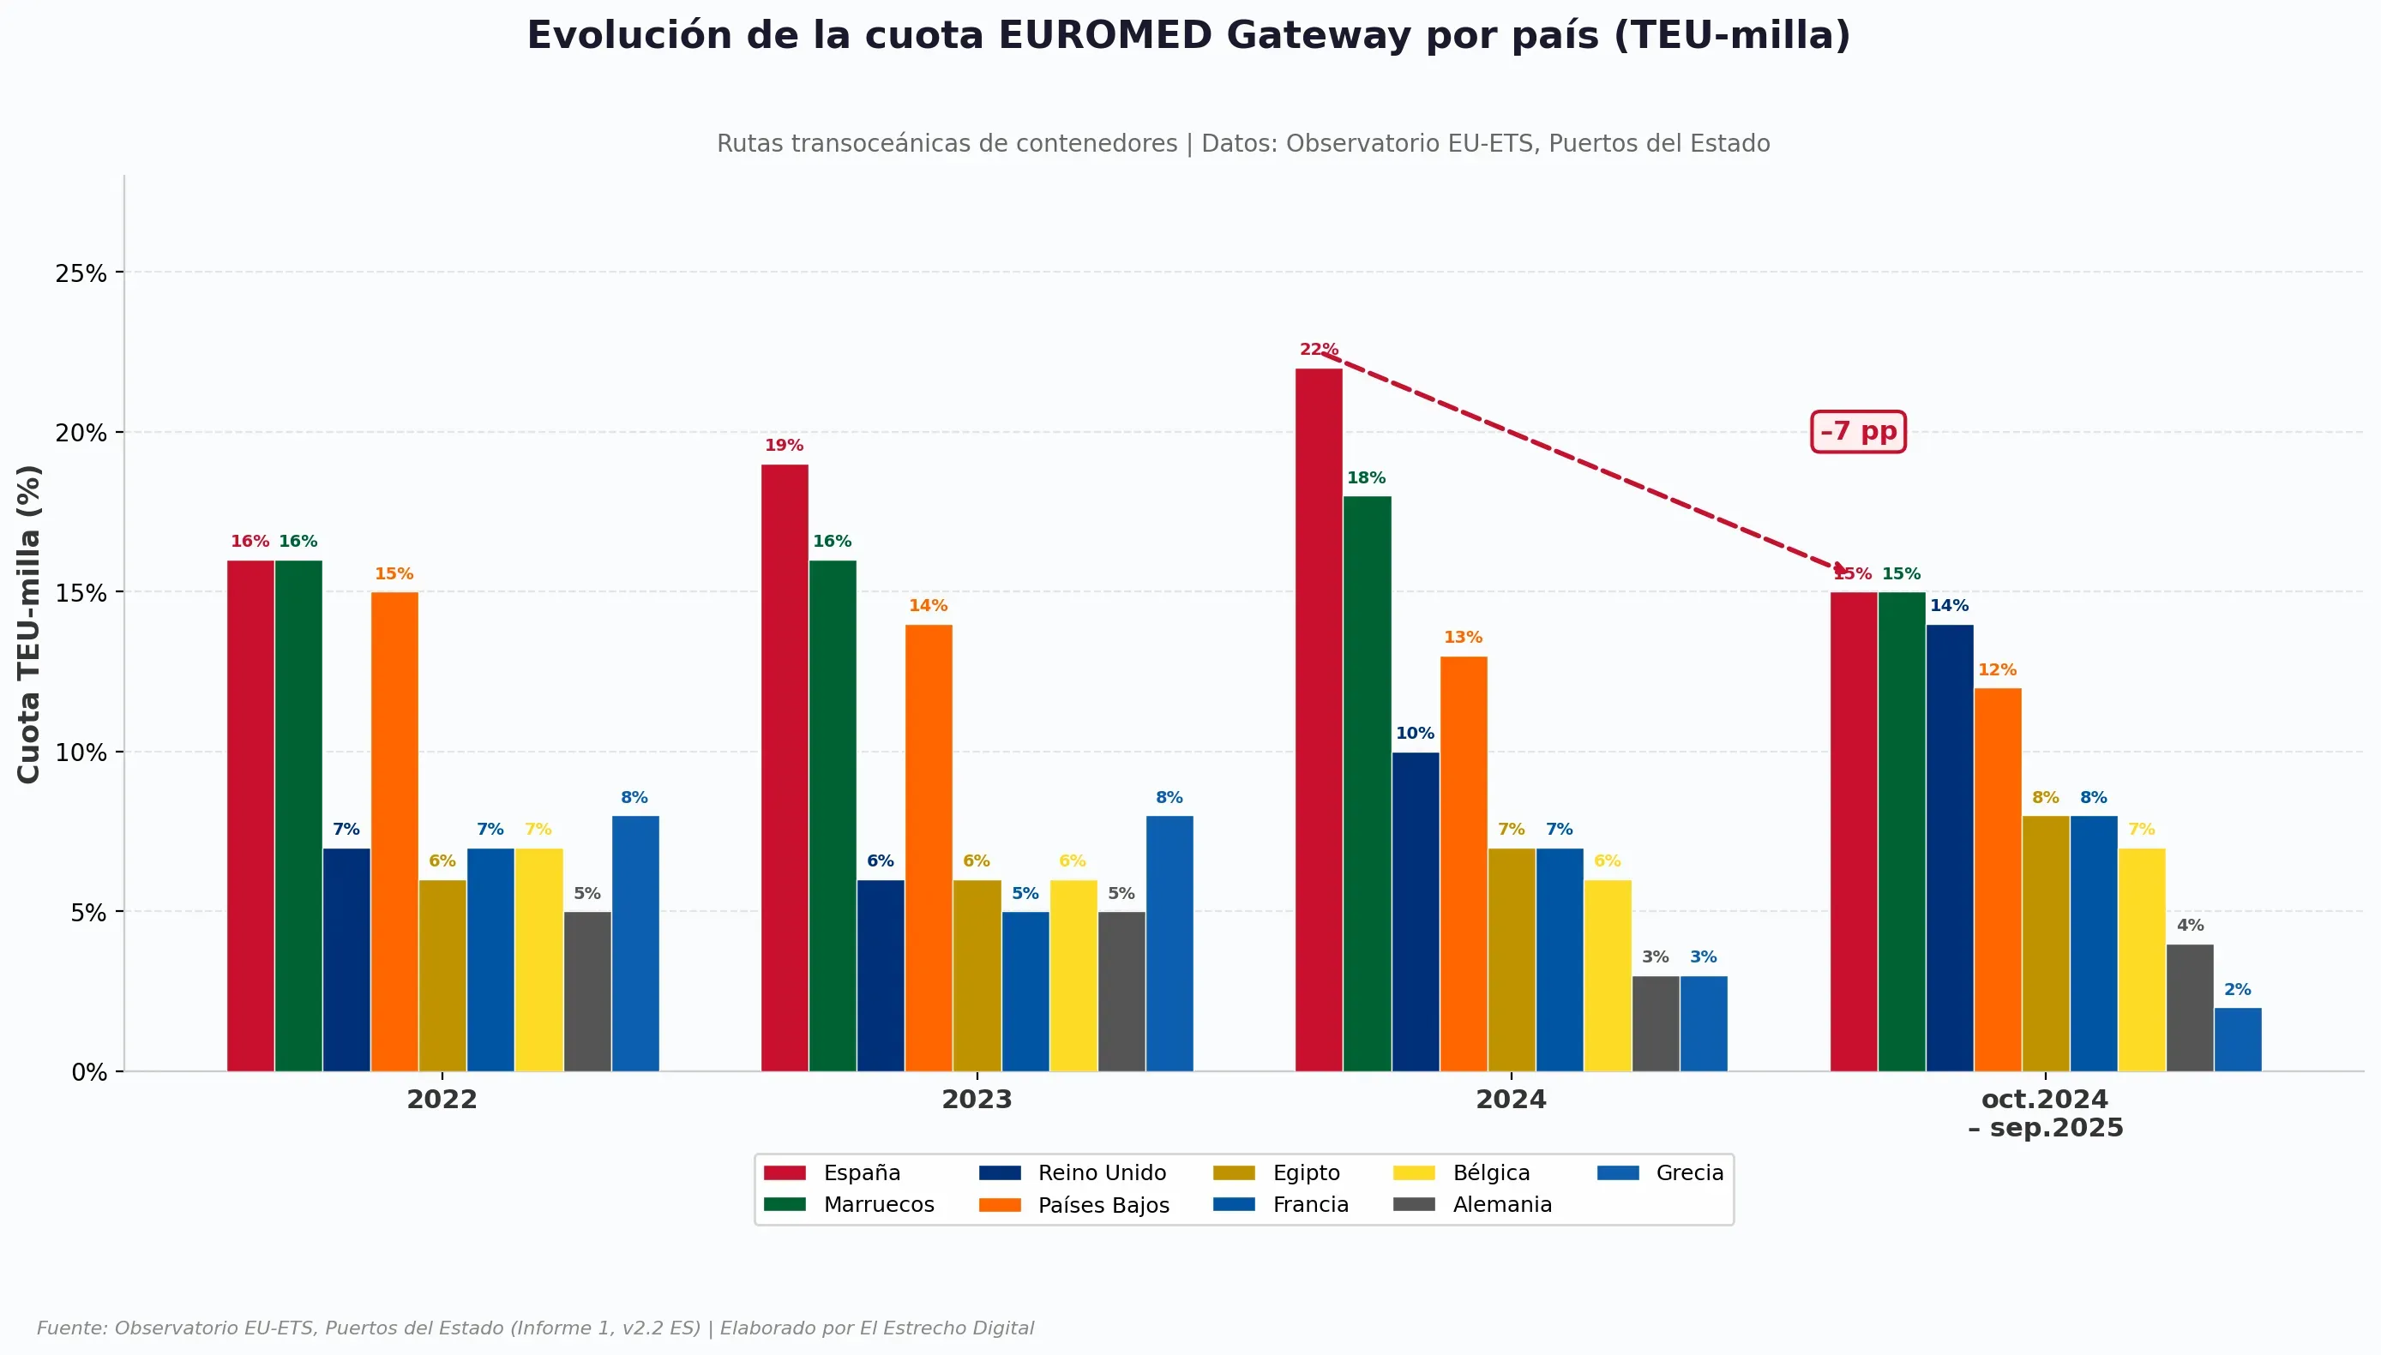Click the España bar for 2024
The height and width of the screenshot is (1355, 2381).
[x=1318, y=719]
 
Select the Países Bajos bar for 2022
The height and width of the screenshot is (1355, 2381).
[x=394, y=831]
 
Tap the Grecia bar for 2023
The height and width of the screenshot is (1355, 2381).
[x=1169, y=944]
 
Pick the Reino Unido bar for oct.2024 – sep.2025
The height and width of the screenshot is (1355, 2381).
[x=1949, y=848]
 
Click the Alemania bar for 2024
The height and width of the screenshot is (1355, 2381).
[x=1655, y=1023]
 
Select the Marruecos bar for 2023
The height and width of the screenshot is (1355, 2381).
[x=833, y=815]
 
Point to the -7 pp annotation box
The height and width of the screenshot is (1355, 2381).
[x=1858, y=432]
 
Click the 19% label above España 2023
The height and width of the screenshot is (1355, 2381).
[x=784, y=446]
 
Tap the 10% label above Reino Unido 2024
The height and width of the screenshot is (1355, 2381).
[x=1415, y=734]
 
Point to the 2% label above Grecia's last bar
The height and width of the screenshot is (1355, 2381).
[x=2238, y=989]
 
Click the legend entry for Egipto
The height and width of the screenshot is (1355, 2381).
[x=1276, y=1172]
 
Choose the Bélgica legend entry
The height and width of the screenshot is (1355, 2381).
[x=1461, y=1172]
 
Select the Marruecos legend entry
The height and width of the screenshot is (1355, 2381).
[x=849, y=1204]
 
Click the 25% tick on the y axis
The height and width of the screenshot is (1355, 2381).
[x=81, y=273]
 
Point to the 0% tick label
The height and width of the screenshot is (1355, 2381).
[x=89, y=1072]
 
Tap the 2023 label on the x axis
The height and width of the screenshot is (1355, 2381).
[x=977, y=1099]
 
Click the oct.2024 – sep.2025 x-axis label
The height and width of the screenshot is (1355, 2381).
[x=2045, y=1113]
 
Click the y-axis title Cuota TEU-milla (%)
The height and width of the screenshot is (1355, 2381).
[x=29, y=624]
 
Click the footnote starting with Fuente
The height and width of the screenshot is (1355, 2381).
[x=535, y=1328]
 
